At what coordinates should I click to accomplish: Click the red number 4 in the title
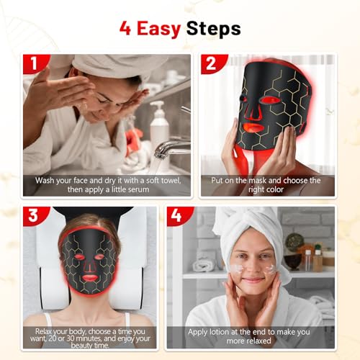(125, 29)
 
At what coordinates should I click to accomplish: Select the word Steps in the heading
(214, 30)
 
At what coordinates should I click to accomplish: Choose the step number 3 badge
(33, 217)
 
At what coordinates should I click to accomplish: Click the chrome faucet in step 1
(171, 147)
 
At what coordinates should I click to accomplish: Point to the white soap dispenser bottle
(158, 127)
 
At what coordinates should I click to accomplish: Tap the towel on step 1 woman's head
(108, 63)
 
